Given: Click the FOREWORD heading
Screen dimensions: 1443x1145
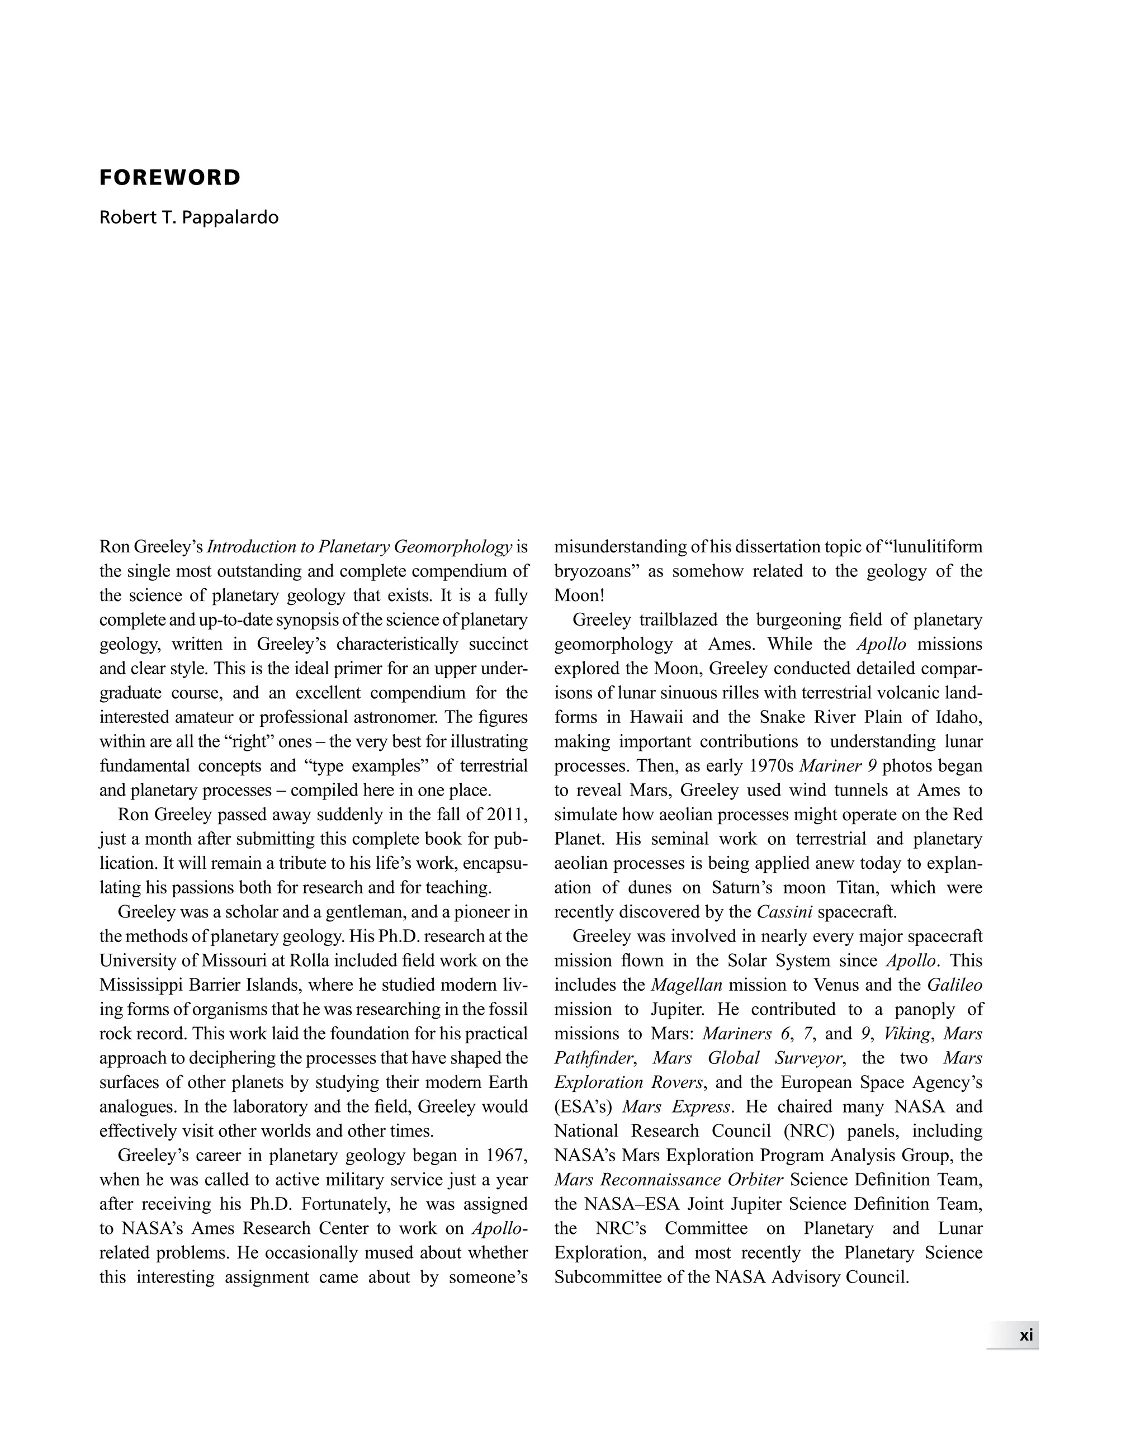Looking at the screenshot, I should (x=169, y=177).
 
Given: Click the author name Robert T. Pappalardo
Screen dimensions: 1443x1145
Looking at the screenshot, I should (x=189, y=217).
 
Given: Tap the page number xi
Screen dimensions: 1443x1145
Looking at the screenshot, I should (x=1025, y=1335).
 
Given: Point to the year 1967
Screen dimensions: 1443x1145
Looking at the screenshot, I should (x=507, y=1155).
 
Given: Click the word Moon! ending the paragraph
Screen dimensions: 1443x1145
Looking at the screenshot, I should (x=579, y=595).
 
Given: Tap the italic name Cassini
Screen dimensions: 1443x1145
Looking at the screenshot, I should (x=784, y=911).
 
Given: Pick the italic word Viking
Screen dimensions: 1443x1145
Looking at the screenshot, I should (x=907, y=1033).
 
